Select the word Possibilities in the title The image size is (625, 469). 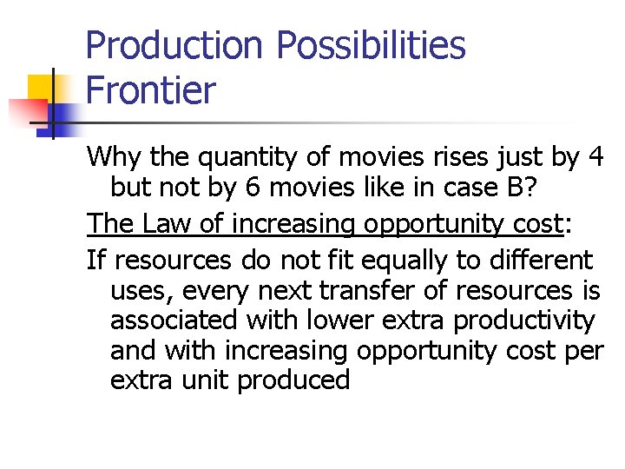point(372,45)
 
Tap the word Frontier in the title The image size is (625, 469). point(150,90)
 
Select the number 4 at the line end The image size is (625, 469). point(595,157)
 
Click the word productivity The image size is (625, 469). point(524,320)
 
